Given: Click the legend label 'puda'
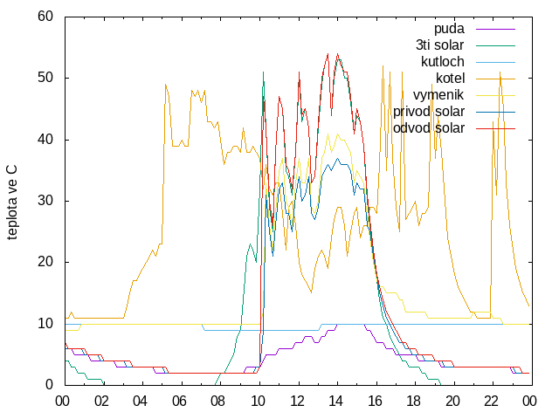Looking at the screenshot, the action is pyautogui.click(x=449, y=29).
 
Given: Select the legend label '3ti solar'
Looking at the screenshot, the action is pyautogui.click(x=440, y=45).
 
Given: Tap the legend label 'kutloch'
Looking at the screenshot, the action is pyautogui.click(x=443, y=62).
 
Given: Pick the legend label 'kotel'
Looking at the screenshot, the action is pyautogui.click(x=451, y=79).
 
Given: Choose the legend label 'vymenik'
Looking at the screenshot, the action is pyautogui.click(x=438, y=95).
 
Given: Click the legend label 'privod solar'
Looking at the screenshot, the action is pyautogui.click(x=429, y=112).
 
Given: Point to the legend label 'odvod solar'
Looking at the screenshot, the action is pyautogui.click(x=429, y=128).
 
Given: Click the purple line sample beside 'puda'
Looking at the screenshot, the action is pyautogui.click(x=495, y=29).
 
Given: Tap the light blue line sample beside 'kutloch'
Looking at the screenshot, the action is pyautogui.click(x=495, y=62).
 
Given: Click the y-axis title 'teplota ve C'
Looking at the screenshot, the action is pyautogui.click(x=11, y=203).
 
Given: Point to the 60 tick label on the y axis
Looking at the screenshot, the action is pyautogui.click(x=45, y=17).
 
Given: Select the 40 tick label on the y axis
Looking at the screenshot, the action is pyautogui.click(x=45, y=140).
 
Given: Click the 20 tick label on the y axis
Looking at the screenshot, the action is pyautogui.click(x=45, y=262).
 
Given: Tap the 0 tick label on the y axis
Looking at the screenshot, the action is pyautogui.click(x=49, y=384).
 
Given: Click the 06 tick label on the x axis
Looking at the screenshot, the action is pyautogui.click(x=179, y=402).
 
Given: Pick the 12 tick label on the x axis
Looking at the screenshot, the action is pyautogui.click(x=297, y=402).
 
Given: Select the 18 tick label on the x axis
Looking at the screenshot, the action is pyautogui.click(x=413, y=402).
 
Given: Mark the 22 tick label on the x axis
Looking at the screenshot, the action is pyautogui.click(x=491, y=402).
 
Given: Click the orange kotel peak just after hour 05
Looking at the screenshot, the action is pyautogui.click(x=166, y=85).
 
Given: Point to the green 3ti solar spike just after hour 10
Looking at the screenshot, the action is pyautogui.click(x=263, y=72).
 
